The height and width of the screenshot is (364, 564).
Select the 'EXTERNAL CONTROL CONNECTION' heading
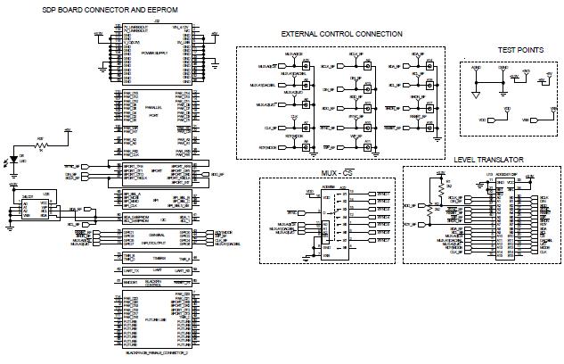coord(341,34)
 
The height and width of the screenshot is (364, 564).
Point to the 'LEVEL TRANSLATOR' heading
coord(487,160)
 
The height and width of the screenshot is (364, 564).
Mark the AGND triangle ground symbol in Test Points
coord(477,92)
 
